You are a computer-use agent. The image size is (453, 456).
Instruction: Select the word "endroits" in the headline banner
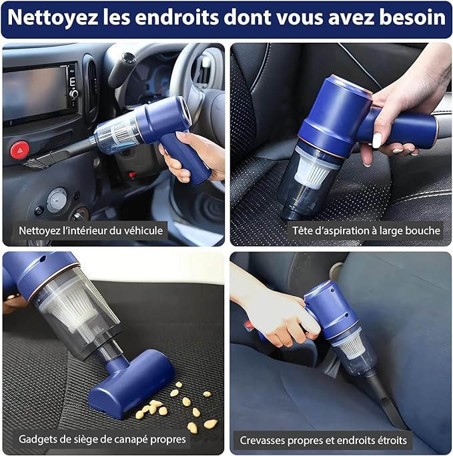click(x=177, y=17)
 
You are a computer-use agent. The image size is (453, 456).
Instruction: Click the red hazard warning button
click(x=20, y=150)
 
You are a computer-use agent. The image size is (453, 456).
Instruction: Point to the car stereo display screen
click(x=35, y=93)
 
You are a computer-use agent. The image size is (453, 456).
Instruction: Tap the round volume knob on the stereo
click(x=73, y=93)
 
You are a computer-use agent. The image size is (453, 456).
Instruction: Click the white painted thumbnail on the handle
click(x=377, y=140)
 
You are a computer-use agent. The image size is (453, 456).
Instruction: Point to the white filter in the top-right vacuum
click(x=313, y=171)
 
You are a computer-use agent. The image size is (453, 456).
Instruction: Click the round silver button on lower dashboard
click(x=57, y=200)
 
